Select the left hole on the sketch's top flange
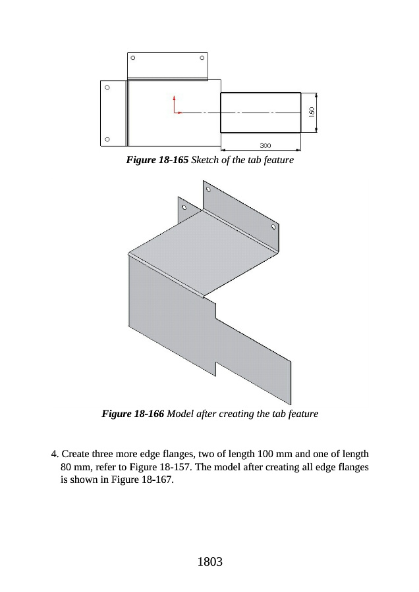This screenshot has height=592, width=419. (x=133, y=58)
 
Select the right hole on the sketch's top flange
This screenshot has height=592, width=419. (x=202, y=58)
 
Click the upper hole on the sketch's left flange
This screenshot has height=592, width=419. (x=107, y=86)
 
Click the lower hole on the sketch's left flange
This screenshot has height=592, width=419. (x=107, y=139)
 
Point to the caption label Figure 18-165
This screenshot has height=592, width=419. (x=157, y=160)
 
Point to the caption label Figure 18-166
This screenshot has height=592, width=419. (x=133, y=414)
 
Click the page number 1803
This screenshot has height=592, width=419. (x=209, y=562)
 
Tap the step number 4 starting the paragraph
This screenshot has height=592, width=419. (x=55, y=454)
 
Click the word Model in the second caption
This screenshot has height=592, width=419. (x=181, y=414)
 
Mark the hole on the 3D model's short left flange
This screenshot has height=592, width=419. (x=184, y=207)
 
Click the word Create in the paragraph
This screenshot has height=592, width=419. (x=76, y=454)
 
